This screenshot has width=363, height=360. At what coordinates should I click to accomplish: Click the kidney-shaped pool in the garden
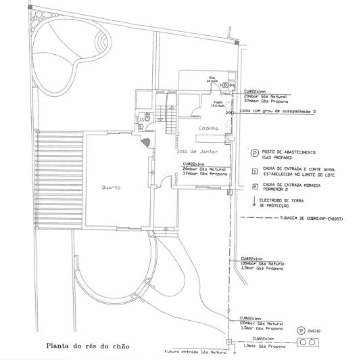click(x=68, y=48)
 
